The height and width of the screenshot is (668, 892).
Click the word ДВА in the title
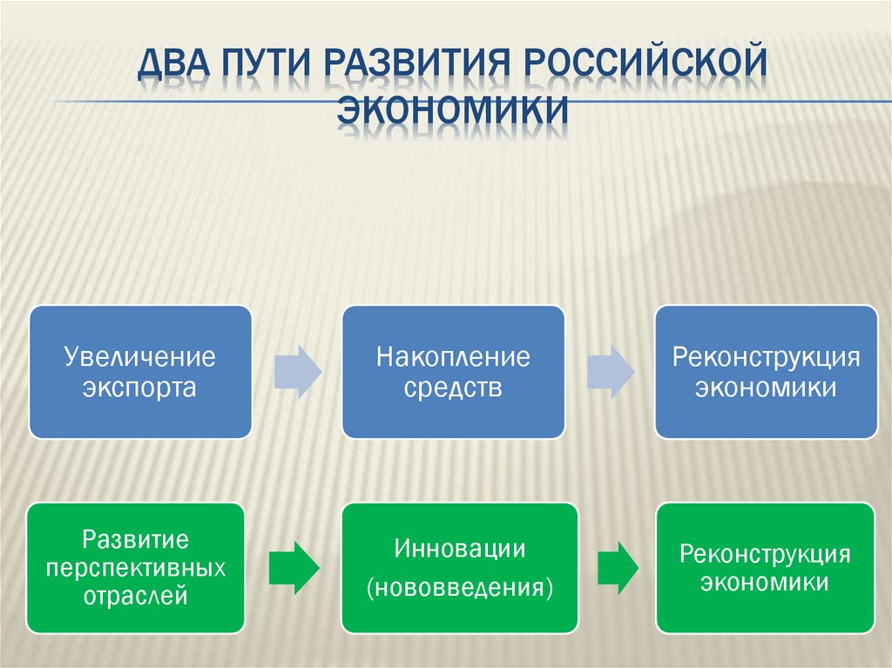(x=176, y=66)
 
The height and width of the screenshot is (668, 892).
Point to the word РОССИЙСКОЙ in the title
(x=643, y=66)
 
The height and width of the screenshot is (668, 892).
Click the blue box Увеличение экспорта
(x=140, y=372)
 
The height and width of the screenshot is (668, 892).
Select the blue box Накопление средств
(x=453, y=372)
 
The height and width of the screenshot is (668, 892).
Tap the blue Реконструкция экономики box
(x=766, y=372)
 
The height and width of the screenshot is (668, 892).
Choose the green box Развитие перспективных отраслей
(x=136, y=568)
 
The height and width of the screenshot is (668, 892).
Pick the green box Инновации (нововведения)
(x=459, y=568)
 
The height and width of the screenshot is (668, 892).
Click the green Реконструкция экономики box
(x=765, y=568)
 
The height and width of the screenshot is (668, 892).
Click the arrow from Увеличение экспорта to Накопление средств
(x=297, y=372)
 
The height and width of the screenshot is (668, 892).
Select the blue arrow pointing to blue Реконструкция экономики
(x=610, y=372)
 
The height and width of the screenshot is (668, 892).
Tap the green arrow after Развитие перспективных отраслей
(x=294, y=568)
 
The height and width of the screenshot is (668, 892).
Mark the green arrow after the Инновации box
(x=617, y=568)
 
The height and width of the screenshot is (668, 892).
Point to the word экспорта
(x=140, y=388)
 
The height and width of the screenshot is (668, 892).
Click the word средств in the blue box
(x=453, y=388)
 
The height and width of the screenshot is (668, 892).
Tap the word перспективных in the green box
(x=136, y=568)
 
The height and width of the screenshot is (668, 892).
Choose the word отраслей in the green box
(x=136, y=597)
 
